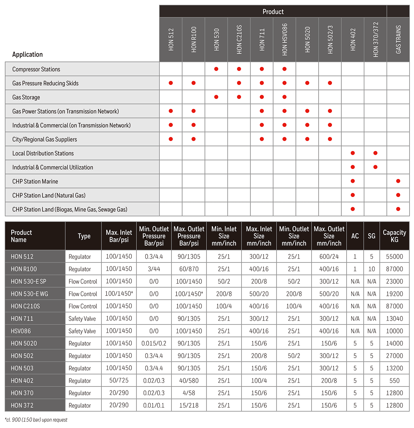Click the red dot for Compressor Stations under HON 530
[x=216, y=69]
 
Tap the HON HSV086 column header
[x=285, y=39]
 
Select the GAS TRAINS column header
[x=398, y=39]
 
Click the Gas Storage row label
[x=26, y=97]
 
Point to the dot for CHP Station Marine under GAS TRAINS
[x=398, y=181]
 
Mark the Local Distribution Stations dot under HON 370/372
[x=375, y=153]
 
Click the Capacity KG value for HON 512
[x=394, y=257]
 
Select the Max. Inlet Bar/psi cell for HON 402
[x=119, y=381]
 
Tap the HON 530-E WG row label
[x=29, y=294]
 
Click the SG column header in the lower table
[x=372, y=236]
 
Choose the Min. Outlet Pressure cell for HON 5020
[x=154, y=344]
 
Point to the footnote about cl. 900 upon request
[x=36, y=420]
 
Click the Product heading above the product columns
[x=273, y=12]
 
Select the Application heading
[x=28, y=54]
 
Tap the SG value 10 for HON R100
[x=372, y=269]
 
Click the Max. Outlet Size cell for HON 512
[x=329, y=257]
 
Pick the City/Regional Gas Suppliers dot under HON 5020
[x=307, y=139]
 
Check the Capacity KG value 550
[x=394, y=381]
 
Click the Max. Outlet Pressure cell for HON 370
[x=189, y=393]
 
